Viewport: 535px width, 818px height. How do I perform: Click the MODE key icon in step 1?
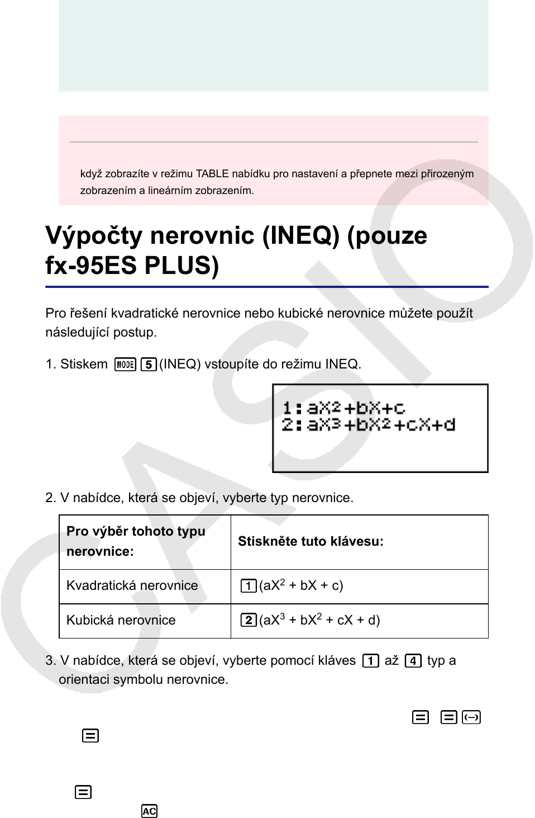pos(125,365)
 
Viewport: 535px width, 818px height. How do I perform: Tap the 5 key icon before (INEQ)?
pos(148,365)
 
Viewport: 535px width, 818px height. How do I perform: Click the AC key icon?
pos(149,811)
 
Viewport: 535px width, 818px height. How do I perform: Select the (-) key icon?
pos(471,717)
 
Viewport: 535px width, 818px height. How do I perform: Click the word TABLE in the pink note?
pos(212,174)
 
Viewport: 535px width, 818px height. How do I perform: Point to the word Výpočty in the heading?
pos(94,235)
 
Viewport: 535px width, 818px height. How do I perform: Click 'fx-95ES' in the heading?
pos(92,266)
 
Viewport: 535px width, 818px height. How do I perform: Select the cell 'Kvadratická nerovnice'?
pos(132,585)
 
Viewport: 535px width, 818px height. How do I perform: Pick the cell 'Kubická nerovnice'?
pos(121,620)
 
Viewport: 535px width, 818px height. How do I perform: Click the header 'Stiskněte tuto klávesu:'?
pos(311,541)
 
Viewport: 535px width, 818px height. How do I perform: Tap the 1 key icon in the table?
pos(248,586)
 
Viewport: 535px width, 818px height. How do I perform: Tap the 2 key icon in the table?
pos(248,620)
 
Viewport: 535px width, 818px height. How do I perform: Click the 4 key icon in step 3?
pos(413,661)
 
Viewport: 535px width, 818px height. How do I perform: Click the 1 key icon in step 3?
pos(370,661)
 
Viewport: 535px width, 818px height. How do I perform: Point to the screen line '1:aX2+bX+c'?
pos(343,408)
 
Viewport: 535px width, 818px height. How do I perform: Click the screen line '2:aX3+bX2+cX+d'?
pos(368,425)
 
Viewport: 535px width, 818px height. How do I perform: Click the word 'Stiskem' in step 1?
pos(84,365)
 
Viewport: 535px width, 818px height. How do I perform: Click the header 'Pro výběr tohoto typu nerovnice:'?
pos(136,541)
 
